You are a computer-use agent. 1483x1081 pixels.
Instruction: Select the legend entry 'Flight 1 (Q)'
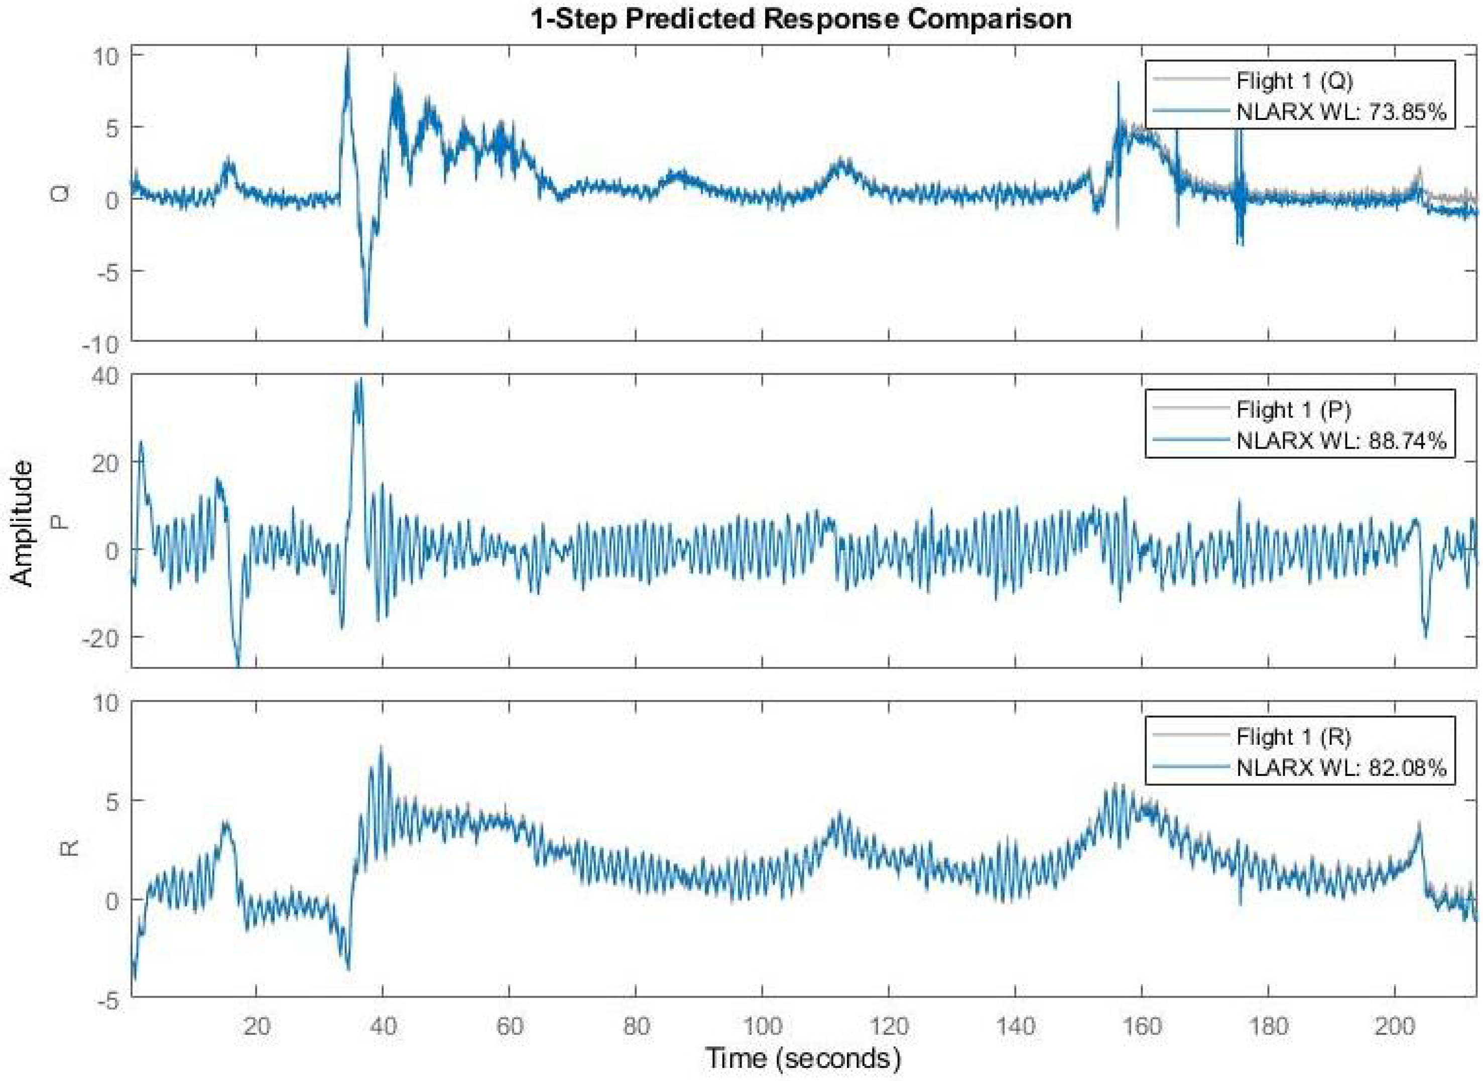coord(1294,81)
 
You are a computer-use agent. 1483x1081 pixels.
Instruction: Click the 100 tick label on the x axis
coord(761,1025)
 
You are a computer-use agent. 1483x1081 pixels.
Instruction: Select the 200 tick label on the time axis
coord(1394,1025)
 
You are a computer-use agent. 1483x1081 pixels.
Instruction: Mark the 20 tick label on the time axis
coord(256,1025)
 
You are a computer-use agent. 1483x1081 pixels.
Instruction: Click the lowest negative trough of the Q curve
coord(366,323)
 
